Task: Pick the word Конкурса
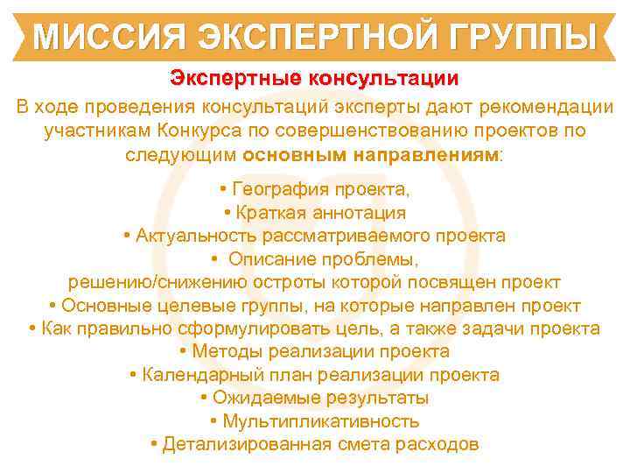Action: click(198, 131)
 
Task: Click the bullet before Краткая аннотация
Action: click(227, 213)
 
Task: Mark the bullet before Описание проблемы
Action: click(213, 260)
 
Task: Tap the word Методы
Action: click(226, 352)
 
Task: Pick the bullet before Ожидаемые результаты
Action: click(204, 399)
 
